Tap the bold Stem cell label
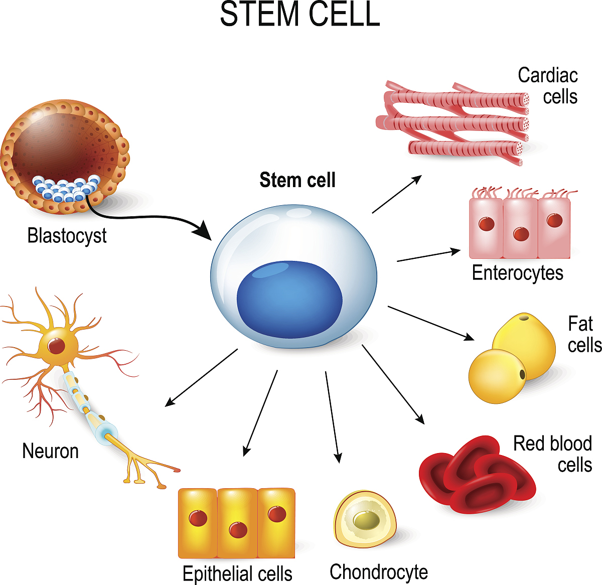[x=297, y=180]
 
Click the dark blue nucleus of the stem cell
[x=289, y=300]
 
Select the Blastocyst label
[x=67, y=235]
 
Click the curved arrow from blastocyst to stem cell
[x=150, y=218]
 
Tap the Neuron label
[x=51, y=451]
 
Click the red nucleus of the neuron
[x=57, y=345]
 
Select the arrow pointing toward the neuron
[x=201, y=377]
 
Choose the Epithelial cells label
[x=237, y=573]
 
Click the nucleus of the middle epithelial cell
[x=238, y=529]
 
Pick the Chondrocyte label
[x=379, y=571]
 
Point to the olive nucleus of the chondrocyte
[x=366, y=520]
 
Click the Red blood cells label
[x=552, y=454]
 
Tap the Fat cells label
[x=584, y=335]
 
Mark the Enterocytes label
[x=517, y=273]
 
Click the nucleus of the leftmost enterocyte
[x=487, y=224]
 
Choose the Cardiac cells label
[x=548, y=86]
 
